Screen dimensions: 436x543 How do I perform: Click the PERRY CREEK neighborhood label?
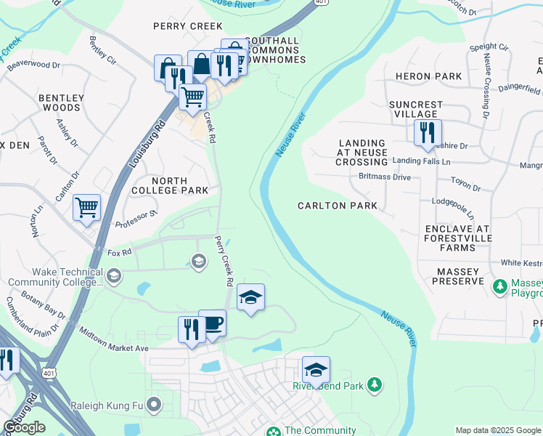coord(187,26)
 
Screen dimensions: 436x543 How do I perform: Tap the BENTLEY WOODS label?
coord(62,102)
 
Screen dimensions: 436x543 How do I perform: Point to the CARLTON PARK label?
coord(338,206)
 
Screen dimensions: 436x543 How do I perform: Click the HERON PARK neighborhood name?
coord(428,76)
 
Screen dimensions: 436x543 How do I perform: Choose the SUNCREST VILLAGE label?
coord(416,109)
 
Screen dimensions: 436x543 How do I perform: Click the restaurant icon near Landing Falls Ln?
coord(426,132)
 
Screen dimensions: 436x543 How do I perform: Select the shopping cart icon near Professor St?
coord(86,208)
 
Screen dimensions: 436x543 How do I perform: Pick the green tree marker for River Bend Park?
coord(374,384)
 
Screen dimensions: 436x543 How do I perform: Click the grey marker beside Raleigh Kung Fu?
coord(153,404)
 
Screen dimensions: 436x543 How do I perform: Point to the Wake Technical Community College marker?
coord(114,275)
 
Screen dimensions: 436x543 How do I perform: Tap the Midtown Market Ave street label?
coord(113,349)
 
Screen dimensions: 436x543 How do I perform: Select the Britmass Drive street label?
coord(385,177)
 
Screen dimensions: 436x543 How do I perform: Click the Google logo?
coord(24,427)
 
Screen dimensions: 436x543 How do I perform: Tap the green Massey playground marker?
coord(499,286)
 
